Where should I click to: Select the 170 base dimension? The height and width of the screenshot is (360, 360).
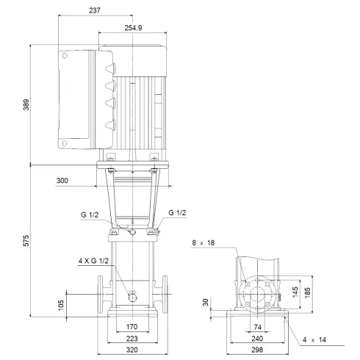click(132, 328)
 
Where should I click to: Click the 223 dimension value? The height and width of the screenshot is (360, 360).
click(132, 339)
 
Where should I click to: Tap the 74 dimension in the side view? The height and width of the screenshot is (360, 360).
click(258, 328)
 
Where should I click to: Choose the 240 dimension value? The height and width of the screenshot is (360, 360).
click(258, 339)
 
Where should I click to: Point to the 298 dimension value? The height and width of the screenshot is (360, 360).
click(258, 350)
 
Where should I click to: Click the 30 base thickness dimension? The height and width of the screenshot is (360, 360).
click(207, 301)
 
